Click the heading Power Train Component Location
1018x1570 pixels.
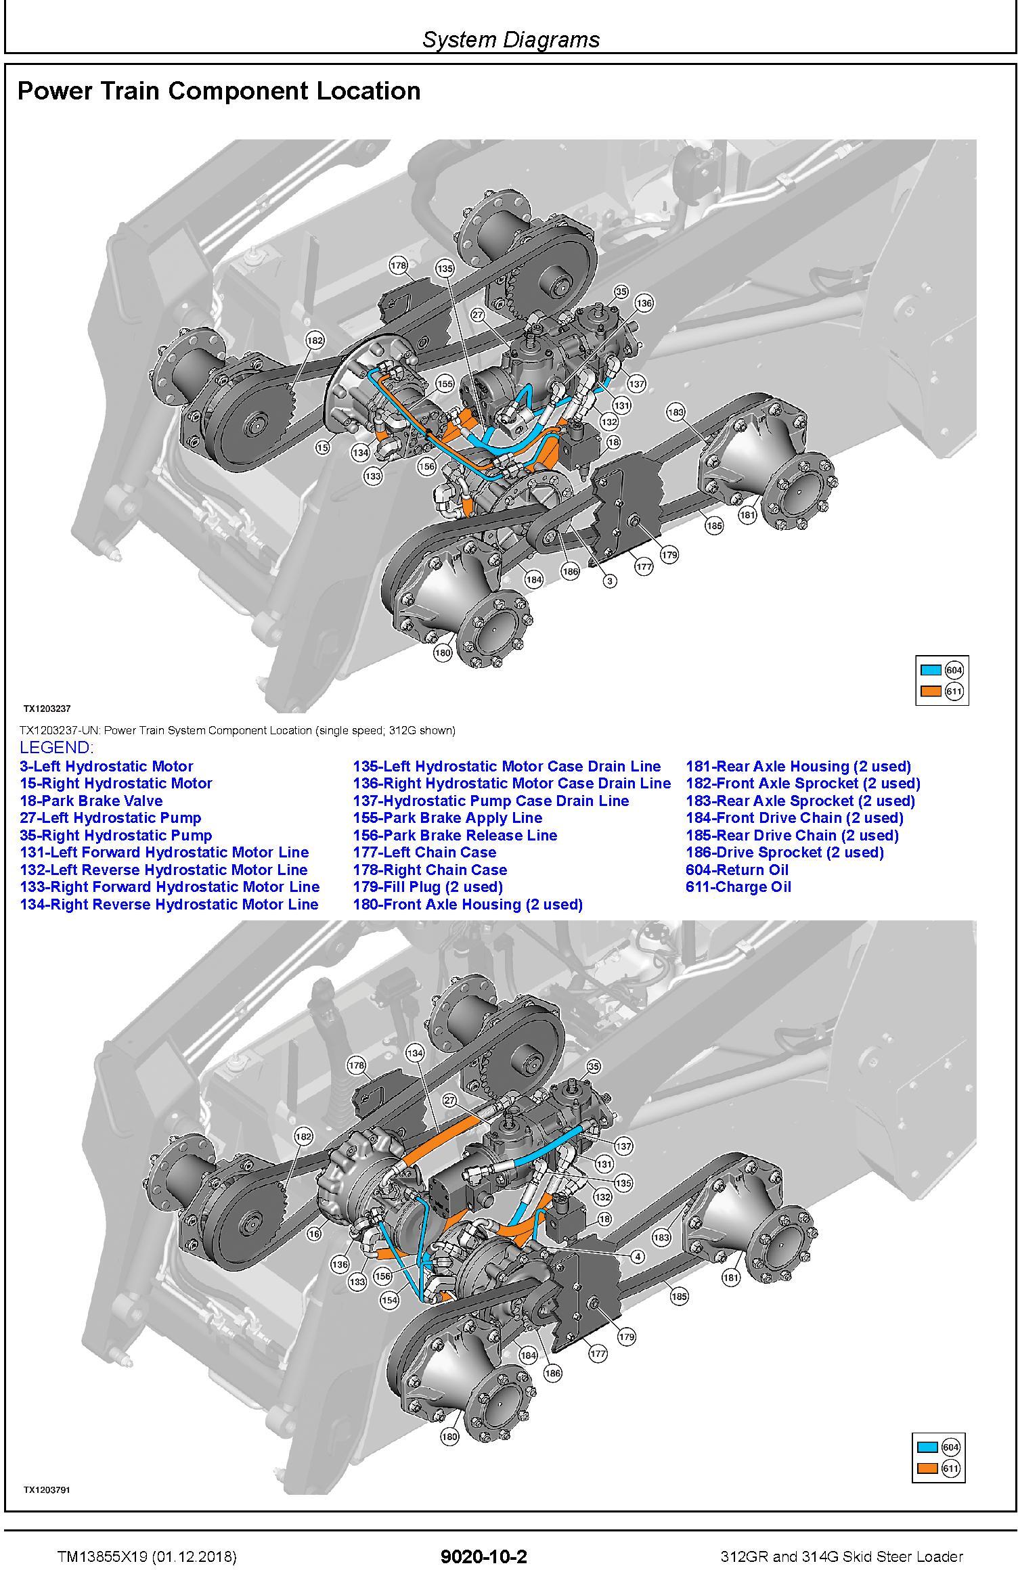pos(219,91)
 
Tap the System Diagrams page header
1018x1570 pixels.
pos(511,39)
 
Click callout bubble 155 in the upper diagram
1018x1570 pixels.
pos(444,384)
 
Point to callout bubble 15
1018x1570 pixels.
pos(323,447)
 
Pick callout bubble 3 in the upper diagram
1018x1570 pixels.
pos(610,581)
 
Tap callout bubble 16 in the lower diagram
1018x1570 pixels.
pos(314,1234)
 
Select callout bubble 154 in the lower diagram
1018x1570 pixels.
pos(389,1299)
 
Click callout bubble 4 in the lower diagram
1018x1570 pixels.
pos(637,1256)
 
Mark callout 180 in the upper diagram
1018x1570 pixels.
pos(443,653)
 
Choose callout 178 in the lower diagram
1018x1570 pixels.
pos(357,1065)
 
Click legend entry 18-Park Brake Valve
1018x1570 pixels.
pos(91,801)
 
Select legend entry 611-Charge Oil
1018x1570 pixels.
pos(738,887)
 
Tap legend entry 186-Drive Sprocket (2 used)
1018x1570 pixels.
pos(785,852)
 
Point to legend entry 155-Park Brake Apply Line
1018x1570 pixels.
pos(448,817)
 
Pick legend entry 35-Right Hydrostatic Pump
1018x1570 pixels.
pos(116,835)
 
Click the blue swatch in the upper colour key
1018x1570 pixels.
pos(931,670)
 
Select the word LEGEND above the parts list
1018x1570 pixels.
pos(56,748)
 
